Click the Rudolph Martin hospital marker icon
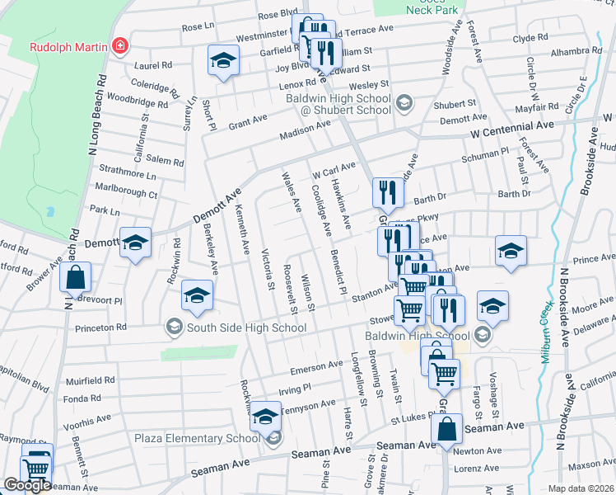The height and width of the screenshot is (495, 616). pyautogui.click(x=121, y=45)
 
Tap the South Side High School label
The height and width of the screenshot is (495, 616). pyautogui.click(x=236, y=328)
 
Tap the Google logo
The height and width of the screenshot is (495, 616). pyautogui.click(x=27, y=485)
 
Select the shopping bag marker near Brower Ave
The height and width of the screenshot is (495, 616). pyautogui.click(x=75, y=278)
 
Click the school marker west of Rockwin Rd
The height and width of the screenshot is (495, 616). pyautogui.click(x=135, y=243)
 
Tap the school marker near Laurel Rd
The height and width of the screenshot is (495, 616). pyautogui.click(x=222, y=61)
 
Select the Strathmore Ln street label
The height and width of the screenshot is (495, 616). pyautogui.click(x=128, y=176)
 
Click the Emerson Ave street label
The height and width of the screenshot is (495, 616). pyautogui.click(x=316, y=365)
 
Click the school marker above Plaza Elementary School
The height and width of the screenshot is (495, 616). pyautogui.click(x=265, y=416)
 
